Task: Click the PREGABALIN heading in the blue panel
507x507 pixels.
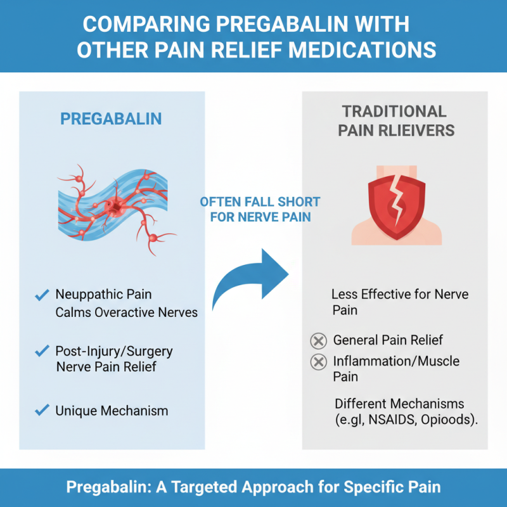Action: (x=111, y=119)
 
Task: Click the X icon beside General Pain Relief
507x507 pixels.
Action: (x=318, y=341)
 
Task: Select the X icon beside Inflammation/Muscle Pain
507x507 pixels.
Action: (x=318, y=363)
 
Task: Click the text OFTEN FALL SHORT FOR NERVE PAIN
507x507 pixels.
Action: (x=260, y=210)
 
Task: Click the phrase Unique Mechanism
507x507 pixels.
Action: (x=112, y=411)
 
